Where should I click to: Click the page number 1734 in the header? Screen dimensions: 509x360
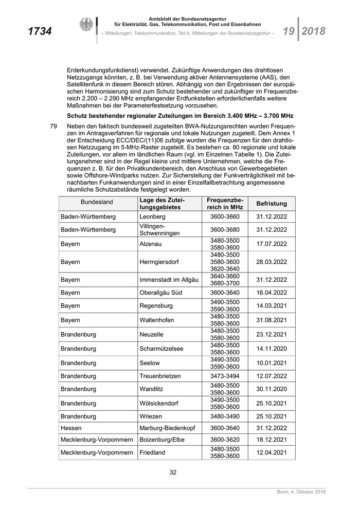click(39, 31)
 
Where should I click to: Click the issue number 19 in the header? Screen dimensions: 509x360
click(288, 31)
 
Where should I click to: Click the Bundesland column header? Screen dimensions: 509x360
click(97, 203)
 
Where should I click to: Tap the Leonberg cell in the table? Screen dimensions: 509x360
click(152, 217)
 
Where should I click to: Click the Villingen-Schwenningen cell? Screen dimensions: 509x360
click(159, 230)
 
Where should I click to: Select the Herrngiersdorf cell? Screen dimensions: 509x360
click(159, 262)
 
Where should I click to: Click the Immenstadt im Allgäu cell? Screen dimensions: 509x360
click(169, 280)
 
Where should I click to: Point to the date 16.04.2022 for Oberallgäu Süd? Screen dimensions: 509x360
click(271, 293)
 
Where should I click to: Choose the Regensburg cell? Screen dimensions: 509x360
click(157, 306)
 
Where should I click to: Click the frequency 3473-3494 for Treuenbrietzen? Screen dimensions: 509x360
click(225, 376)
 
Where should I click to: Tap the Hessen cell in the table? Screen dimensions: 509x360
click(71, 427)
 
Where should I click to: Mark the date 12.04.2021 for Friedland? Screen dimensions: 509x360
click(271, 452)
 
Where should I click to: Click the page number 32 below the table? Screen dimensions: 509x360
click(173, 472)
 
